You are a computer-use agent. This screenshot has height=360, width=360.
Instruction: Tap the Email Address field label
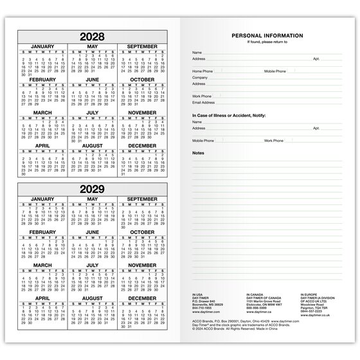203,102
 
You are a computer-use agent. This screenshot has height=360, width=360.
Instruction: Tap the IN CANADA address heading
257,293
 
